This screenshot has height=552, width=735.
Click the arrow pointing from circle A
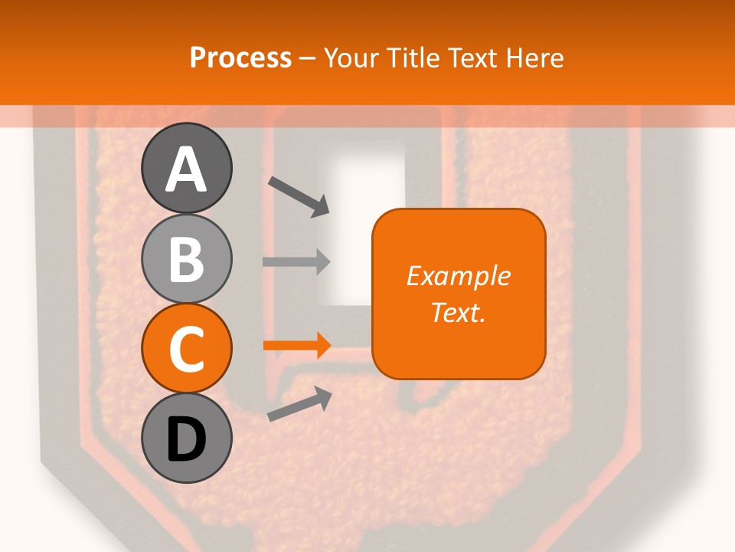[x=299, y=196]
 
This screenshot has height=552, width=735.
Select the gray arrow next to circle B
[x=296, y=261]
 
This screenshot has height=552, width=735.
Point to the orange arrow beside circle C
[x=296, y=345]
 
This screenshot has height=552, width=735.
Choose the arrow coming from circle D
[x=299, y=404]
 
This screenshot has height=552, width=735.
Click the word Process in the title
[x=240, y=58]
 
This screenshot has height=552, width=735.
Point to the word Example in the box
[x=459, y=277]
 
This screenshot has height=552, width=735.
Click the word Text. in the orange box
[x=459, y=312]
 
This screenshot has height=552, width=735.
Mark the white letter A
[x=186, y=170]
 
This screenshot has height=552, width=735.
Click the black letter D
[x=186, y=440]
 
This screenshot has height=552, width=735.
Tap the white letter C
[x=186, y=350]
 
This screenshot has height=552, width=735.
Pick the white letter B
[x=186, y=260]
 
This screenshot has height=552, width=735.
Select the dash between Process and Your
[x=308, y=59]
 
